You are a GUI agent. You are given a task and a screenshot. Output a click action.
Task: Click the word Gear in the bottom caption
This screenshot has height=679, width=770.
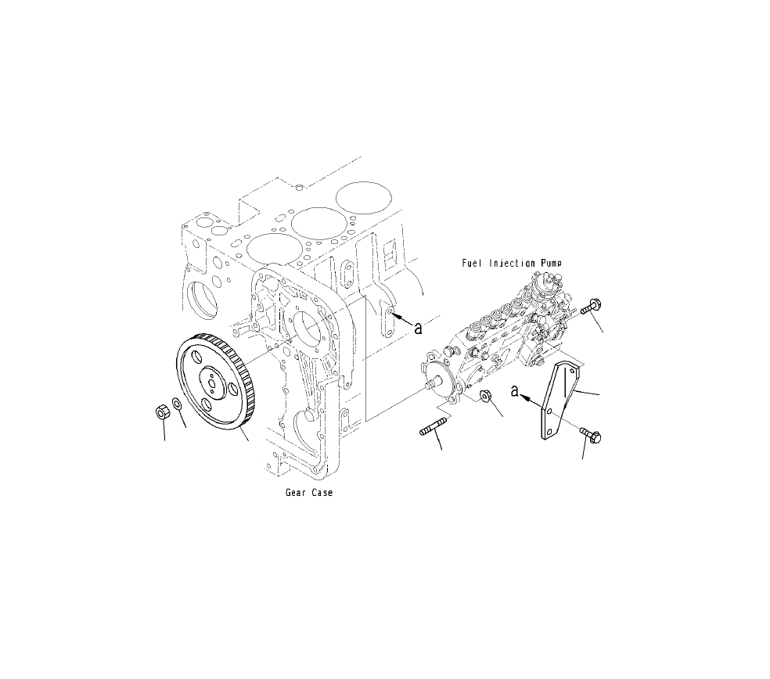tap(297, 494)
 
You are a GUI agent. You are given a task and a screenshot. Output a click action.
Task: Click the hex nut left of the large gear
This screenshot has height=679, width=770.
tap(163, 411)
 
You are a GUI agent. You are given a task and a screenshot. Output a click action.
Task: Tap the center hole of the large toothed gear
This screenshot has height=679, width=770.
tap(212, 383)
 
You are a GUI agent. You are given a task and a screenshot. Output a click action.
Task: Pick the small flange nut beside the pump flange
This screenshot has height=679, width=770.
tap(484, 397)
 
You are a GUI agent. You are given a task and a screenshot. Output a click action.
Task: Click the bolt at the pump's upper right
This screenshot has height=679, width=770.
tap(589, 306)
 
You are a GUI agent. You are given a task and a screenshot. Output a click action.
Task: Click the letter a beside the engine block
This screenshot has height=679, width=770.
tap(419, 326)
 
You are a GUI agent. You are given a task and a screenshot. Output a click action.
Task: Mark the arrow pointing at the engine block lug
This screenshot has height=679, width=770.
tap(401, 317)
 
